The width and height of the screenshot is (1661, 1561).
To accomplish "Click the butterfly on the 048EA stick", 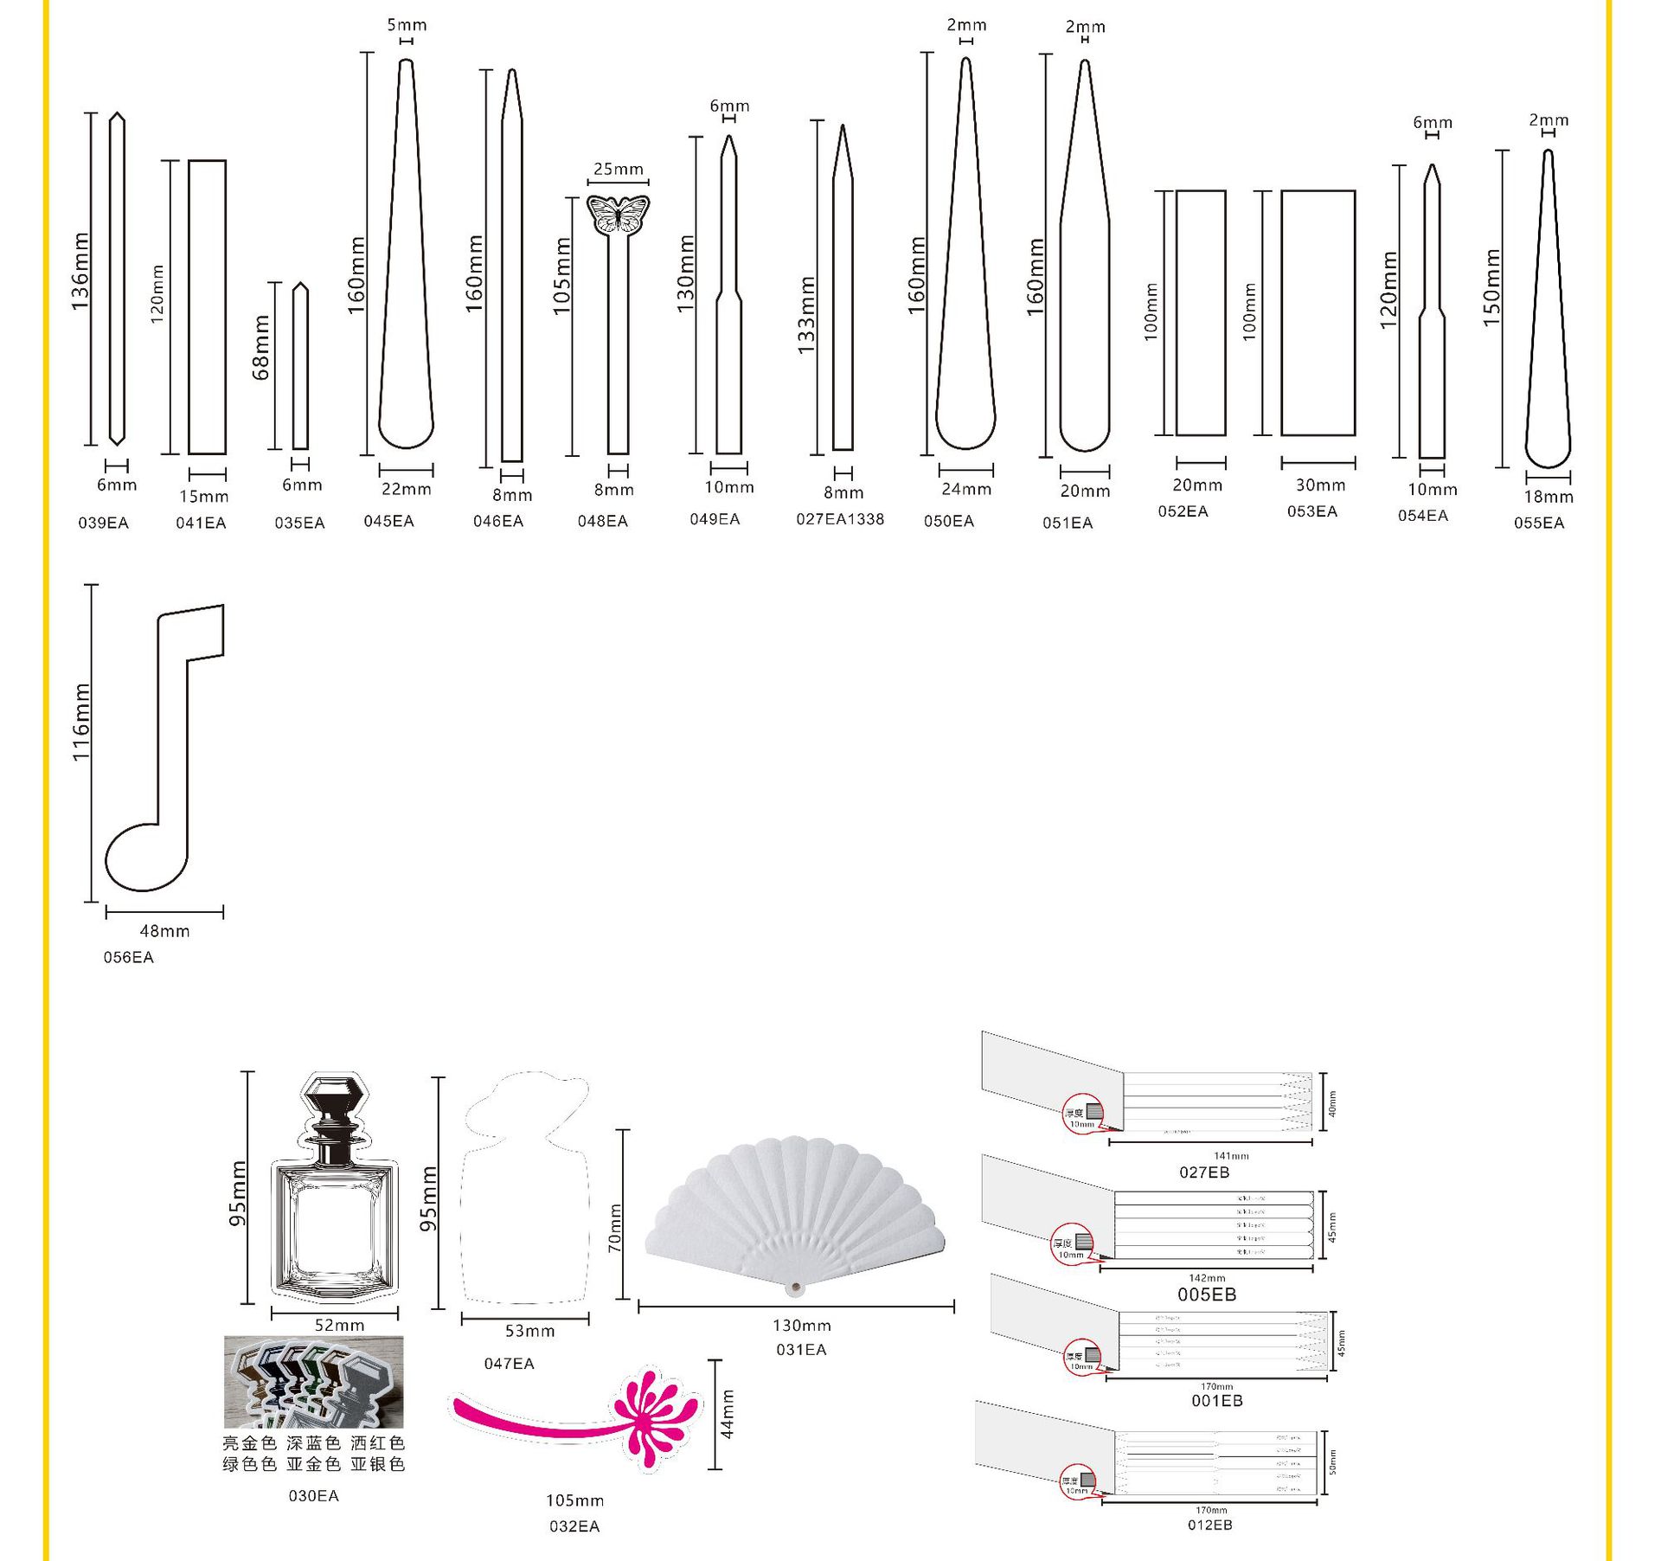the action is click(618, 215).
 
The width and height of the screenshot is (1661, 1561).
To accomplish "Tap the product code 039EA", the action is click(104, 523).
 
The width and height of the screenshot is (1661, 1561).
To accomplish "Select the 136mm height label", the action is click(80, 271).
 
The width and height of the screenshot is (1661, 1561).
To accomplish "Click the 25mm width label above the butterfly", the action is click(618, 169).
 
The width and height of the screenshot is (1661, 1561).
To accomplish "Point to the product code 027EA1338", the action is click(840, 519).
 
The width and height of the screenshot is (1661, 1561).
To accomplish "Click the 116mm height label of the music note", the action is click(81, 722).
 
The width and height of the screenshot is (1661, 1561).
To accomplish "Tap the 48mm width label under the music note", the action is click(164, 931).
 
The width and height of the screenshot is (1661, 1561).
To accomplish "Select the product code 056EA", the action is click(128, 957).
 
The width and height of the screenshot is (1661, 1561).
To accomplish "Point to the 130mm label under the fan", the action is click(801, 1325).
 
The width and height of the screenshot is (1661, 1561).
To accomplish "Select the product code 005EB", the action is click(1207, 1294).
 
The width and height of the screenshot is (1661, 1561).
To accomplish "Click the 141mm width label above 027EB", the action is click(1231, 1155).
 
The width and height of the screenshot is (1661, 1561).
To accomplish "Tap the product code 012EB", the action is click(1209, 1525).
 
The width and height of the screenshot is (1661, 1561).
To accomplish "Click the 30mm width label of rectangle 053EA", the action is click(1320, 485).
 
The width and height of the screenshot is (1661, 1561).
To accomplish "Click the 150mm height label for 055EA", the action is click(1491, 287).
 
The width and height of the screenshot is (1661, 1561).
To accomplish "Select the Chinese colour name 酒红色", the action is click(377, 1442).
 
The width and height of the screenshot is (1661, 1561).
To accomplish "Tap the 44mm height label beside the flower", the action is click(728, 1414).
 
